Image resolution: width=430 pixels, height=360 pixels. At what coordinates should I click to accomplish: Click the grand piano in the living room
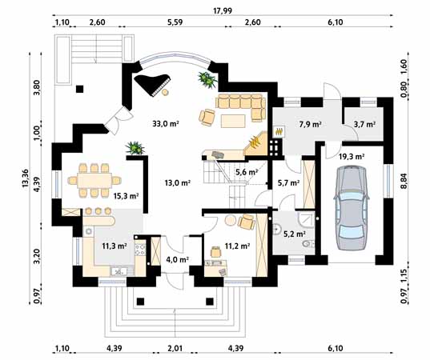pos(152,84)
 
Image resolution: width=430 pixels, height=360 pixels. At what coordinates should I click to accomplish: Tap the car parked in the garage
pos(352,207)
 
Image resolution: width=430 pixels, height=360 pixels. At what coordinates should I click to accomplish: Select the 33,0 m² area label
pos(166,124)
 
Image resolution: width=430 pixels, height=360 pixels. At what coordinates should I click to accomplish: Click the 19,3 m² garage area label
pos(352,157)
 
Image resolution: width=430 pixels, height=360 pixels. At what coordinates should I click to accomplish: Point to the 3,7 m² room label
pos(364,125)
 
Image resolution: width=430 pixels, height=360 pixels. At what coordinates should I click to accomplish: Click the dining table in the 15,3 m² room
pos(94,180)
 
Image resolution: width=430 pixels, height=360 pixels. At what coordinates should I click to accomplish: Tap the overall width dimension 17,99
pos(223,10)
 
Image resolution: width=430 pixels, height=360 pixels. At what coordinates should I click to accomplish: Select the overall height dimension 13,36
pos(25,178)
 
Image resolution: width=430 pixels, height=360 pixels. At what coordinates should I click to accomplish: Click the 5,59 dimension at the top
pos(175,22)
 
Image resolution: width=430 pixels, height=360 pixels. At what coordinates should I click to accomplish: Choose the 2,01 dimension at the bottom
pos(175,348)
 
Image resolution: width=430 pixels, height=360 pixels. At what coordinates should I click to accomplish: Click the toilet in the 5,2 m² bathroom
pos(308,243)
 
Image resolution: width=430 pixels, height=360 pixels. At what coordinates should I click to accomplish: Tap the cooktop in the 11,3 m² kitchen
pos(140,250)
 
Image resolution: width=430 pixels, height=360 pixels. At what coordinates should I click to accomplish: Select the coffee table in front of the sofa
pos(233,122)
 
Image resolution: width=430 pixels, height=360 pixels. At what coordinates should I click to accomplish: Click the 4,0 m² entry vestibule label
pos(177,259)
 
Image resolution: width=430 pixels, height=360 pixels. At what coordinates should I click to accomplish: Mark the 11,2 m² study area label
pos(237,246)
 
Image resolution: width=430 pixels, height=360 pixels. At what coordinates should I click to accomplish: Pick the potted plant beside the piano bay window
pos(207,79)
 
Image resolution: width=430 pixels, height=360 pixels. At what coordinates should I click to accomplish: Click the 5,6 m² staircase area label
pos(247,172)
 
